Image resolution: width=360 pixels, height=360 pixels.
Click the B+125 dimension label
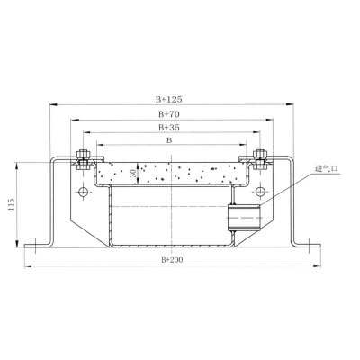click(x=169, y=99)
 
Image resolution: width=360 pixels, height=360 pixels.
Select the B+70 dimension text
click(x=169, y=114)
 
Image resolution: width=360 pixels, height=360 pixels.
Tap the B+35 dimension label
click(x=169, y=128)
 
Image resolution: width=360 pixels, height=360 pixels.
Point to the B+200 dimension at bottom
click(x=172, y=260)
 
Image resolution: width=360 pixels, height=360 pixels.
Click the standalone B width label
click(x=169, y=140)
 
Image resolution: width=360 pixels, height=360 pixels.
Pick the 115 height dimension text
click(x=12, y=204)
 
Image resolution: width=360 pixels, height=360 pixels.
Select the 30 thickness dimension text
click(x=134, y=173)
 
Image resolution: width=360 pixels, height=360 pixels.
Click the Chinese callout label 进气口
click(x=326, y=168)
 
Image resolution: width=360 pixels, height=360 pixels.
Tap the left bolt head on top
click(x=84, y=155)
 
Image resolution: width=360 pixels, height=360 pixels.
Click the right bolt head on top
click(x=260, y=155)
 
